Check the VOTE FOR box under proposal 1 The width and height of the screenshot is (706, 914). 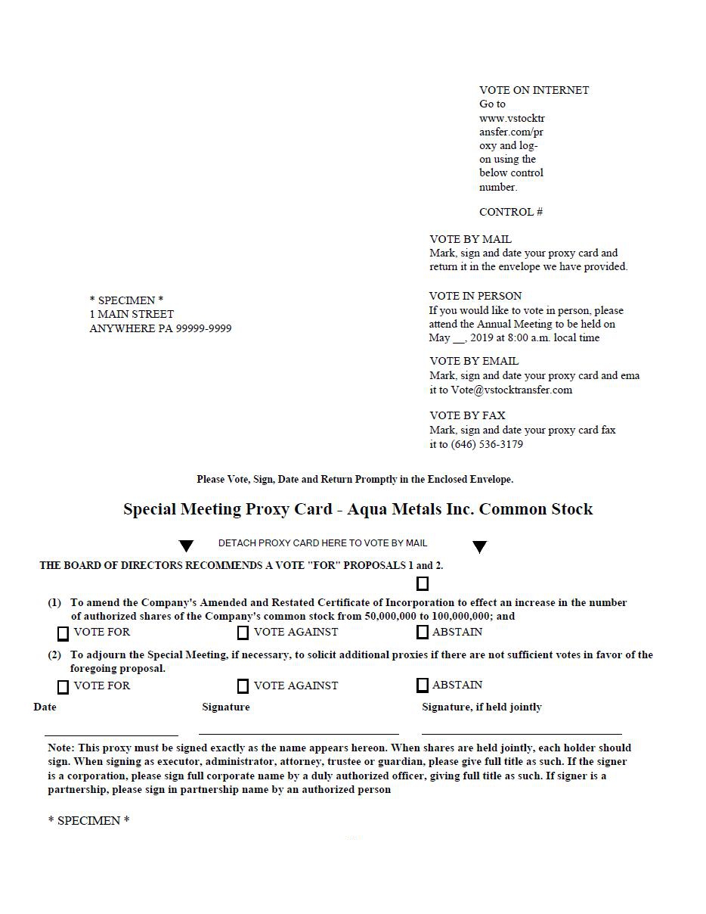[x=63, y=633]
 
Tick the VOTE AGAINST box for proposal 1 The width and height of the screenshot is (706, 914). [x=243, y=633]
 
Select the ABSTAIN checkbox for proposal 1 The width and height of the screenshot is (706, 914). [x=423, y=632]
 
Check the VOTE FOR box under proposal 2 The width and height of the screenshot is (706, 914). [x=63, y=687]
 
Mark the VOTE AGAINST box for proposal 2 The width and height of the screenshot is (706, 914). [x=243, y=686]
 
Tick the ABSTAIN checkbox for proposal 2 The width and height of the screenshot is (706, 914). [x=423, y=685]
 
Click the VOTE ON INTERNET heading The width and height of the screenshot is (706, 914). [x=534, y=90]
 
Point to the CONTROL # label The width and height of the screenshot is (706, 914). [x=511, y=212]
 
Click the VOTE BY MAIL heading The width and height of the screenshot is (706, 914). [x=470, y=239]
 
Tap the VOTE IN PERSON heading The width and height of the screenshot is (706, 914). [x=475, y=296]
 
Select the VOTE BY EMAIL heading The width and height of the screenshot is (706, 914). [x=474, y=361]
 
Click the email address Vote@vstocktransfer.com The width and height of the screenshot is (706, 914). [x=512, y=390]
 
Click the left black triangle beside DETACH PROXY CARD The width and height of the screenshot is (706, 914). [x=186, y=546]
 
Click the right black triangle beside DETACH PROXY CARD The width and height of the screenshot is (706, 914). [x=479, y=547]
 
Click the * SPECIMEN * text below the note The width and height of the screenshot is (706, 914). [x=89, y=821]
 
